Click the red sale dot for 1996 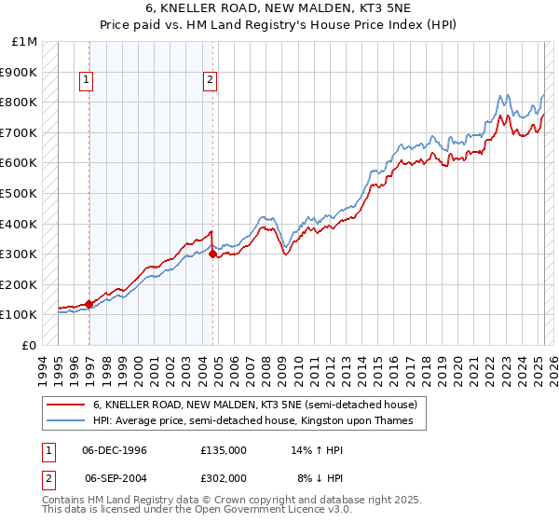(x=89, y=303)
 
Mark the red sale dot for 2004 (x=213, y=253)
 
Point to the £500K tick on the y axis (x=20, y=193)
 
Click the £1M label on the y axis (x=25, y=42)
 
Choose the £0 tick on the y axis (x=29, y=345)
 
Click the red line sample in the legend (x=66, y=405)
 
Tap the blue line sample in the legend (x=66, y=420)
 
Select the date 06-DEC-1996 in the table (x=116, y=449)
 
